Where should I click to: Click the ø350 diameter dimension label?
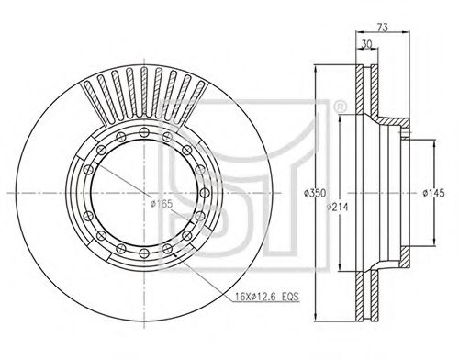315,193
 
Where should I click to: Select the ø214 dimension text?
338,208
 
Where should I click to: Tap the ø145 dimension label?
433,193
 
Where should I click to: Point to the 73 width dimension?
382,28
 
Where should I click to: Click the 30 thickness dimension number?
366,44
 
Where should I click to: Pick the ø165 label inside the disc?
162,204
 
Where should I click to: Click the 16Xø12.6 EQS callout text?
267,297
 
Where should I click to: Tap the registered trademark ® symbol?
340,107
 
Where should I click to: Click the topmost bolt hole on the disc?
144,132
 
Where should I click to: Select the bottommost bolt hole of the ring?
144,253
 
